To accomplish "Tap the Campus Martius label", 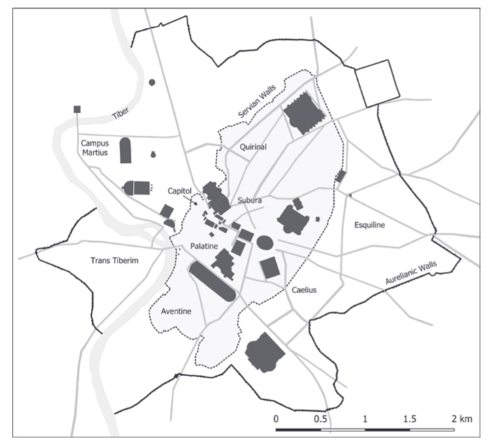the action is point(95,148).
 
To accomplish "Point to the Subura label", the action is point(250,199).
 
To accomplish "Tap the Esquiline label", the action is point(369,225).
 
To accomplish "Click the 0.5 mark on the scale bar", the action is point(320,419).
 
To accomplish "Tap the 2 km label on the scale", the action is point(461,419).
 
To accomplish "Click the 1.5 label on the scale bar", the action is point(410,419).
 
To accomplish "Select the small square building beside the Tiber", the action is point(77,109).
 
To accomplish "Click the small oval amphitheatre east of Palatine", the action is point(265,242).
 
